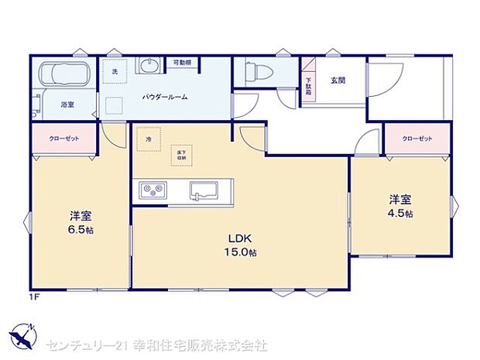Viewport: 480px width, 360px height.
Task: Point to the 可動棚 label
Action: pyautogui.click(x=182, y=62)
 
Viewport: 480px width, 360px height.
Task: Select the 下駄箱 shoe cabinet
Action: pyautogui.click(x=308, y=85)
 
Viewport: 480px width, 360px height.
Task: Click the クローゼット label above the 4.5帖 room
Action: pyautogui.click(x=417, y=139)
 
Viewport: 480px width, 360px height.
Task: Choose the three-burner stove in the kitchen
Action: pyautogui.click(x=153, y=190)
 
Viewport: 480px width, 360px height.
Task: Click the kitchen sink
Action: pyautogui.click(x=206, y=190)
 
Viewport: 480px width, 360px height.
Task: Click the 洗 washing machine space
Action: pyautogui.click(x=114, y=71)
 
